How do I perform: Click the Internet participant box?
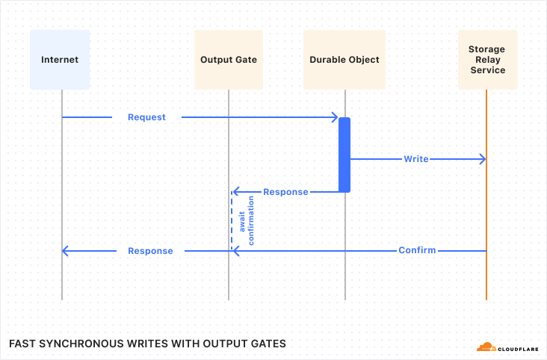60,60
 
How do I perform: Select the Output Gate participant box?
229,60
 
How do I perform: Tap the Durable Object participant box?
344,60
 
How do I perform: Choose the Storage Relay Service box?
486,60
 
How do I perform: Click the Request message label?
146,117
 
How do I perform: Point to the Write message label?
416,159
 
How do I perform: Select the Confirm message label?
417,250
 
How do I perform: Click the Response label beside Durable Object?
285,192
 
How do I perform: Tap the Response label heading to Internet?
150,251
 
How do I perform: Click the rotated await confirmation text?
246,220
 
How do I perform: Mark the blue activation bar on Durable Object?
344,155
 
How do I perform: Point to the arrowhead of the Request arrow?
336,117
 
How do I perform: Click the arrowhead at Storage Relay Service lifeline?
483,159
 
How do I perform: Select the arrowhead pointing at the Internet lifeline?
66,250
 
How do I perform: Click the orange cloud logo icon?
486,347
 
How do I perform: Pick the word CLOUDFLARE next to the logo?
518,347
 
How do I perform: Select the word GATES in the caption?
268,344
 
